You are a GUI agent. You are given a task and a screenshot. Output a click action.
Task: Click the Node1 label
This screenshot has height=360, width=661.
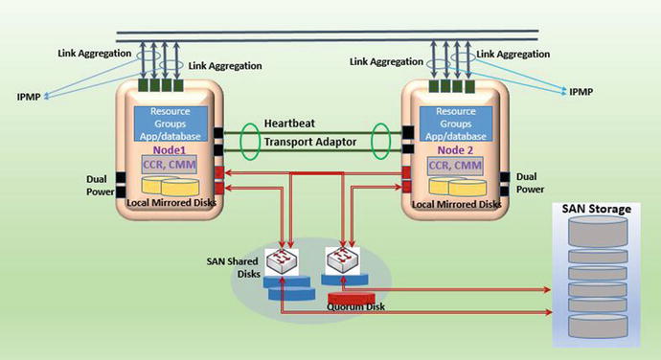(167, 150)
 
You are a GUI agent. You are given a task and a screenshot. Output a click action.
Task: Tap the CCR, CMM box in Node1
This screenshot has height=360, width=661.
(170, 168)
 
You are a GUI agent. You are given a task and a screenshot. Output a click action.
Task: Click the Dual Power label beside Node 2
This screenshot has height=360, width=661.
(531, 183)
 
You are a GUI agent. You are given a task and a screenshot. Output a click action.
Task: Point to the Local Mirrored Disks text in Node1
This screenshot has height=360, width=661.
(171, 204)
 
